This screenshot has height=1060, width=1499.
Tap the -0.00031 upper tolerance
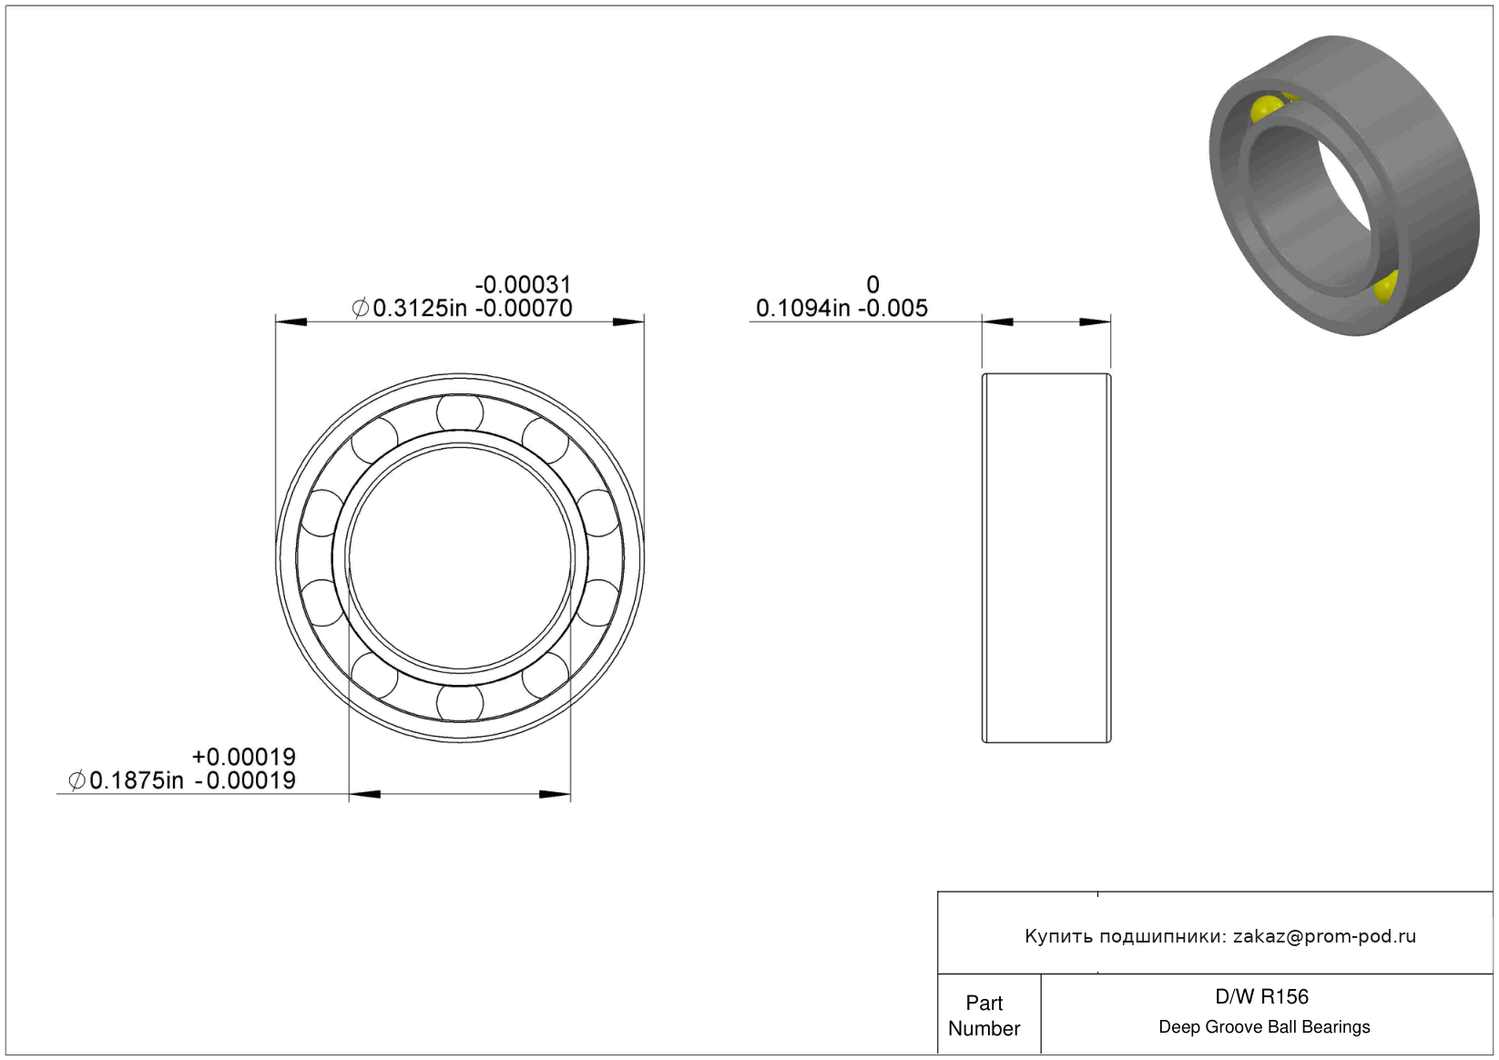[524, 285]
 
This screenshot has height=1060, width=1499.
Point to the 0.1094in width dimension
[803, 309]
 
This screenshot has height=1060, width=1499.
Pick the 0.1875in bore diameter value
[136, 781]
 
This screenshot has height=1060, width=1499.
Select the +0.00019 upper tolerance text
[243, 758]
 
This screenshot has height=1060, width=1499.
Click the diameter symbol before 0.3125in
[361, 309]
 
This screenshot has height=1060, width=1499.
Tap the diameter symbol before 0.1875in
[77, 781]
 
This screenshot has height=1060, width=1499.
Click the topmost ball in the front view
[460, 413]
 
